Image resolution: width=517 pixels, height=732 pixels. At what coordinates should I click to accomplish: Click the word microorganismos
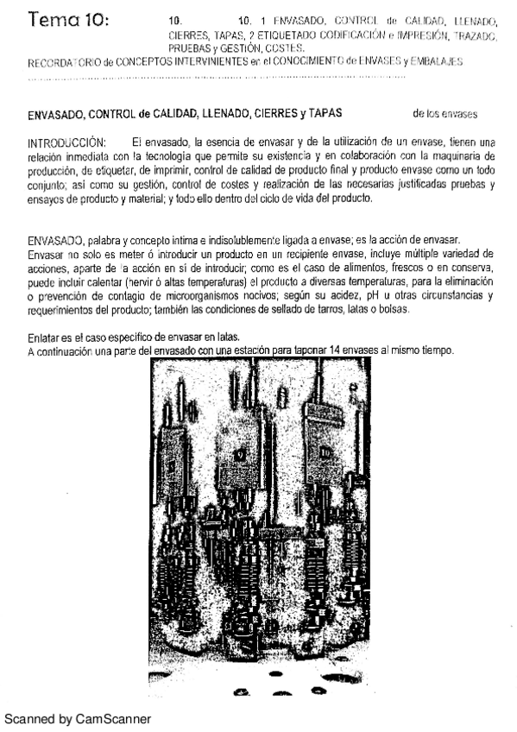[x=206, y=295]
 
